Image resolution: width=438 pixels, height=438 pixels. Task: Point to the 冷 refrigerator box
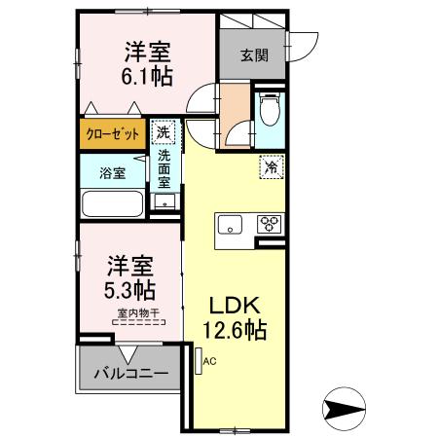pos(272,167)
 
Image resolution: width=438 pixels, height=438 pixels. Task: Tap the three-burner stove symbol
pos(269,225)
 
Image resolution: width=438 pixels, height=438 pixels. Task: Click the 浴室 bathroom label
pos(111,173)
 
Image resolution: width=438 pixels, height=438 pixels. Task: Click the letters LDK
pos(234,305)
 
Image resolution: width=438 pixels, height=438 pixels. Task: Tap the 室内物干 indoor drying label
pos(137,312)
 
